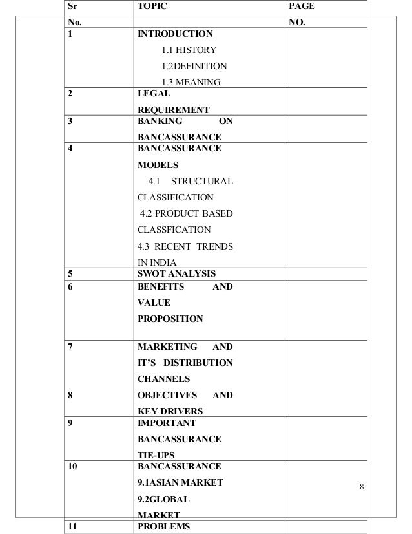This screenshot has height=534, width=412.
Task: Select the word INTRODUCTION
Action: tap(174, 34)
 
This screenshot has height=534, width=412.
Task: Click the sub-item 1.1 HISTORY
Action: tap(189, 50)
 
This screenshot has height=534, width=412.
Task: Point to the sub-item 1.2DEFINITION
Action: tap(194, 66)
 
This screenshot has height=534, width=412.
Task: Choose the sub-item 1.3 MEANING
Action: tap(192, 82)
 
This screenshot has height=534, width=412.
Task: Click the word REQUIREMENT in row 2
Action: tap(174, 110)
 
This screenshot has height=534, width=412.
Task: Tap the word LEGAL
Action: tap(150, 94)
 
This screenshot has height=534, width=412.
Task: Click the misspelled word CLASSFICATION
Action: tap(174, 230)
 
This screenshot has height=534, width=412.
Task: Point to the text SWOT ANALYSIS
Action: tap(177, 273)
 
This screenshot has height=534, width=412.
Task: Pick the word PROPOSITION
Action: tap(170, 318)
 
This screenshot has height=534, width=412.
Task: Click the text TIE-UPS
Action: tap(157, 455)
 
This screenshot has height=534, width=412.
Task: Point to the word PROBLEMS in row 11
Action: tap(164, 526)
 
